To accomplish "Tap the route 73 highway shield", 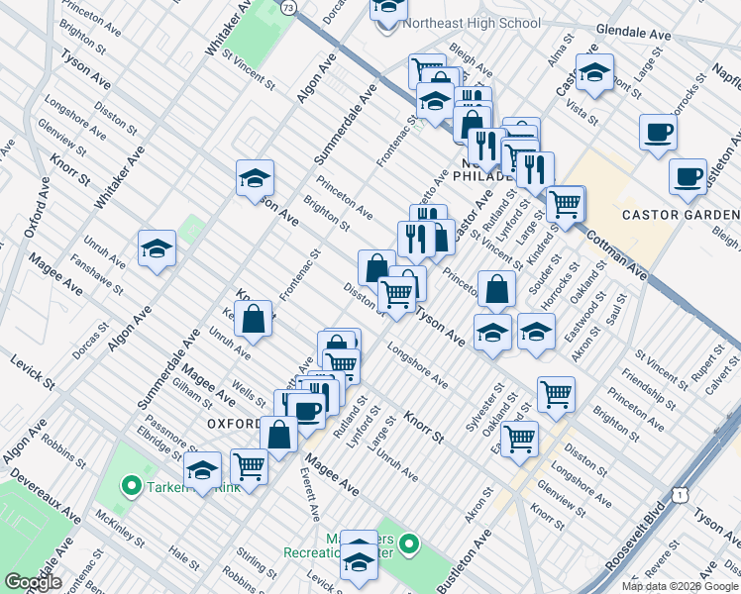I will (x=287, y=8).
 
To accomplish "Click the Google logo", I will (x=34, y=582).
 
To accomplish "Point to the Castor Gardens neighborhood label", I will (x=680, y=215).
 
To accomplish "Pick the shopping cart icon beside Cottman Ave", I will (x=565, y=203).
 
